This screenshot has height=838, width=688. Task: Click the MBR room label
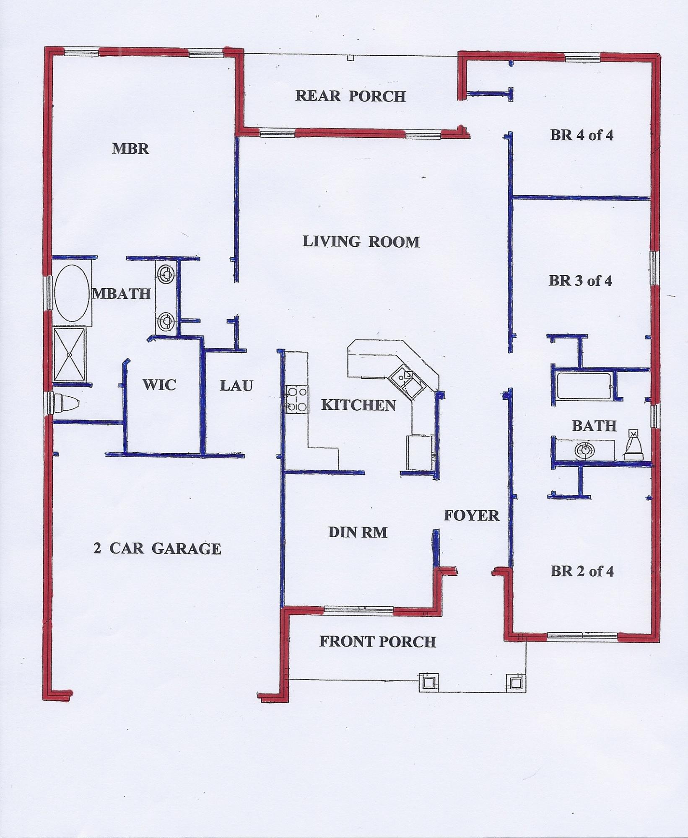tap(130, 149)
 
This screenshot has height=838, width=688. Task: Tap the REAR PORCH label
tap(350, 96)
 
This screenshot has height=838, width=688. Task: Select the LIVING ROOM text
tap(361, 242)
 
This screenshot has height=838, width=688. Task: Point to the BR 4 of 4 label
tap(582, 135)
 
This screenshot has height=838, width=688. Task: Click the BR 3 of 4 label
tap(580, 280)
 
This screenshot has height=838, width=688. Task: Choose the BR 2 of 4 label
tap(582, 571)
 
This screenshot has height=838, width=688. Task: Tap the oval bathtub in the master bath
tap(72, 293)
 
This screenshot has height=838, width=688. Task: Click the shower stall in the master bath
tap(70, 355)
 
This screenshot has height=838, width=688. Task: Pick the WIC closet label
tap(159, 385)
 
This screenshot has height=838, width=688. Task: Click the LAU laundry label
tap(236, 385)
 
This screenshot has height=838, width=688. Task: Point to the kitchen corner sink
tap(407, 381)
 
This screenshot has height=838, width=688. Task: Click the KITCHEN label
tap(358, 405)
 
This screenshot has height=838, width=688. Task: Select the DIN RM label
tap(358, 532)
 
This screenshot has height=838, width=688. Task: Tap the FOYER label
tap(471, 515)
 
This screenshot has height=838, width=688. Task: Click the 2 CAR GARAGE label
tap(157, 548)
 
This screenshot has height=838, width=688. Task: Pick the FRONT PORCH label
tap(377, 642)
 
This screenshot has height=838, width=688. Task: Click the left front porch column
tap(428, 683)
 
